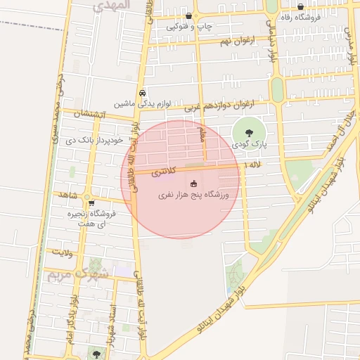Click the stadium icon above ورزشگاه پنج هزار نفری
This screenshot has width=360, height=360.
pos(193,184)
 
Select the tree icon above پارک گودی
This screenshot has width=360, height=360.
pos(247,131)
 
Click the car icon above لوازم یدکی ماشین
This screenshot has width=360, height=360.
pos(143,93)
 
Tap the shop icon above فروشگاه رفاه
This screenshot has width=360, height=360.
pos(301,6)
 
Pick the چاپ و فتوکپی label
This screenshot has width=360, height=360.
pos(189,27)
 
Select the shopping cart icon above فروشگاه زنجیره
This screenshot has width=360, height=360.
pos(91,203)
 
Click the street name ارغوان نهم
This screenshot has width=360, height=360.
pos(214,42)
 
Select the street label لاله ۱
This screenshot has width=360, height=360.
pos(251,165)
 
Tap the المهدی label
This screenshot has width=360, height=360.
pos(110,4)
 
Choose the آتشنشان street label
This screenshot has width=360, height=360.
pos(91,114)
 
